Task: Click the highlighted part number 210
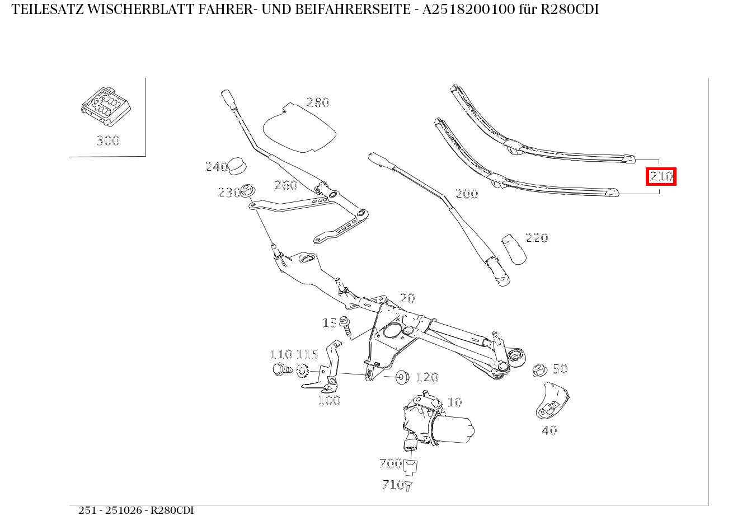pyautogui.click(x=661, y=177)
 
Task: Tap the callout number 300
pyautogui.click(x=107, y=140)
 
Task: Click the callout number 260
pyautogui.click(x=286, y=185)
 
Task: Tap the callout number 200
pyautogui.click(x=466, y=194)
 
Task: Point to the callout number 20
pyautogui.click(x=407, y=298)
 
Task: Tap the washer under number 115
pyautogui.click(x=303, y=371)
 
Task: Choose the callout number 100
pyautogui.click(x=329, y=400)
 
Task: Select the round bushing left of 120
pyautogui.click(x=402, y=376)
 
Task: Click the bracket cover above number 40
pyautogui.click(x=552, y=401)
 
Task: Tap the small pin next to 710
pyautogui.click(x=408, y=486)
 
